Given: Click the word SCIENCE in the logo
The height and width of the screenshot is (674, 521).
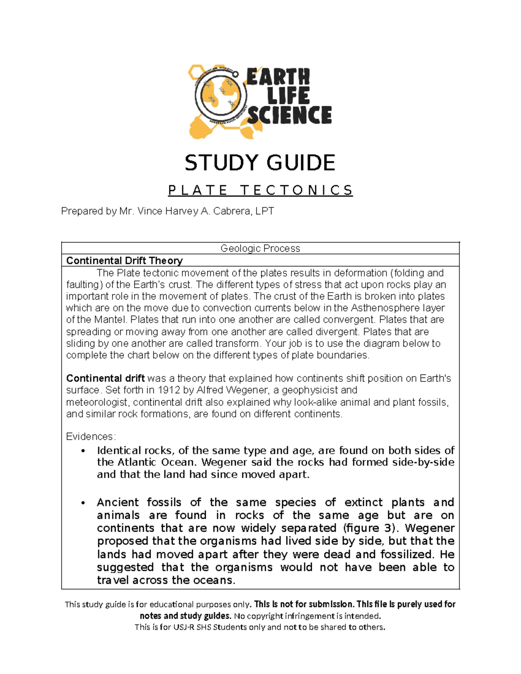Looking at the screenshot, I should point(289,116).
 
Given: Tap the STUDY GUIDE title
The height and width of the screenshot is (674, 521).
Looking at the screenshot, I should point(260,163).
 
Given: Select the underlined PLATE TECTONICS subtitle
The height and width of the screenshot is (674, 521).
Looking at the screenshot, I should point(260,190).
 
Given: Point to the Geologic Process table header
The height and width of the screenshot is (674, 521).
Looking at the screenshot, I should point(260,248).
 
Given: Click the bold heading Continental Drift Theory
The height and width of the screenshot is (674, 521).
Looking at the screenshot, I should point(124,260).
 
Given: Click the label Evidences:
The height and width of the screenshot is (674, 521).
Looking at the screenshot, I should point(91,437).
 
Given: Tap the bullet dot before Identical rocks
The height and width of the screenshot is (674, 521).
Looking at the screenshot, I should point(83,451).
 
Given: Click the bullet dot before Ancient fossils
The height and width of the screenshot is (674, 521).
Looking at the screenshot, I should point(83,503).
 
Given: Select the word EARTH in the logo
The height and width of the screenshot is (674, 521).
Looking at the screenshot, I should point(278,77).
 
